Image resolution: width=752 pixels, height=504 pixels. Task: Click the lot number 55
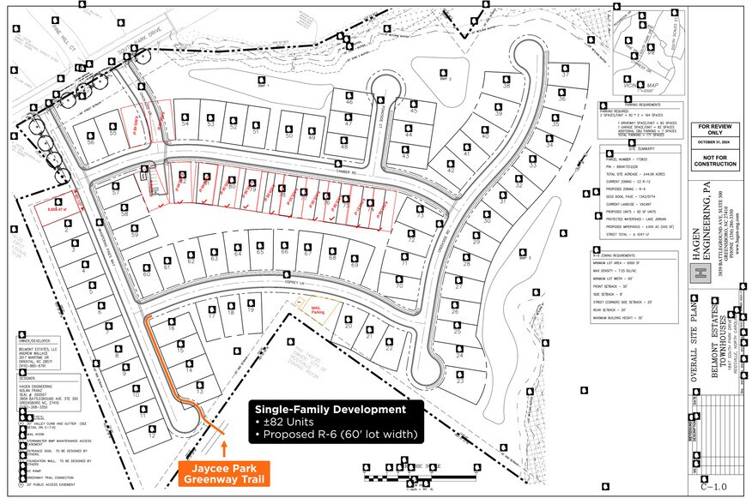(112, 134)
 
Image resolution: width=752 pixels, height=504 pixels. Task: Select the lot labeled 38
(506, 87)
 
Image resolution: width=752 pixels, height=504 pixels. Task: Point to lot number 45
(414, 111)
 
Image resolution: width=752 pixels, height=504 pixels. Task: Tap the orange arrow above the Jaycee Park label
(225, 447)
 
